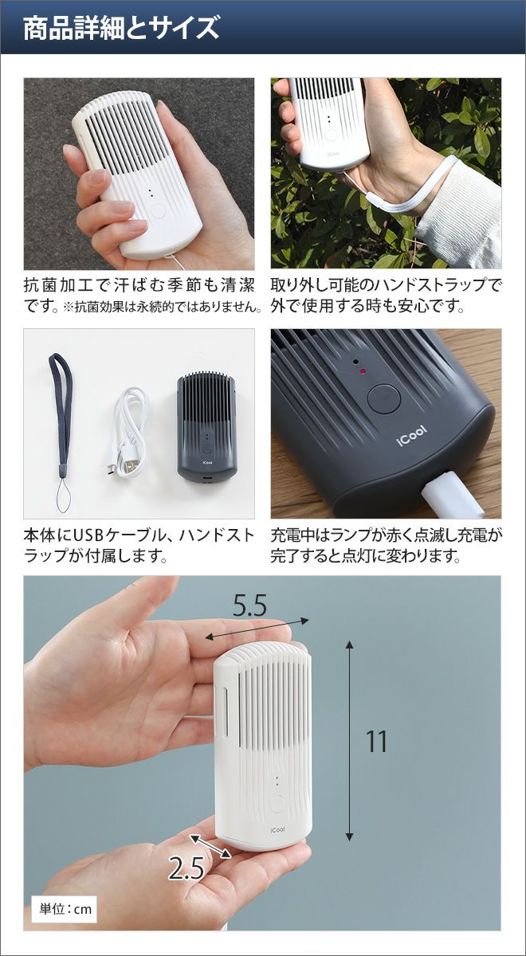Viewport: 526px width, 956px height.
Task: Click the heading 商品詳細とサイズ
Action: click(x=121, y=28)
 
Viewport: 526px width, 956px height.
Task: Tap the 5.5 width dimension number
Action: click(x=249, y=605)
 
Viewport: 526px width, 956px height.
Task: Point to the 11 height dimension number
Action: click(x=377, y=742)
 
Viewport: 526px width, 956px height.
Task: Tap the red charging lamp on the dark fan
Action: click(x=363, y=371)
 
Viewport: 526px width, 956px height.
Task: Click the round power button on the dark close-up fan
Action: click(x=384, y=399)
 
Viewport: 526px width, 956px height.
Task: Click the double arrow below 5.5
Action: click(x=257, y=629)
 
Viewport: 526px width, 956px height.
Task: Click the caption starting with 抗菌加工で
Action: click(x=143, y=295)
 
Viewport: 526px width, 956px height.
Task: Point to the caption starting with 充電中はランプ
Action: click(x=387, y=545)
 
